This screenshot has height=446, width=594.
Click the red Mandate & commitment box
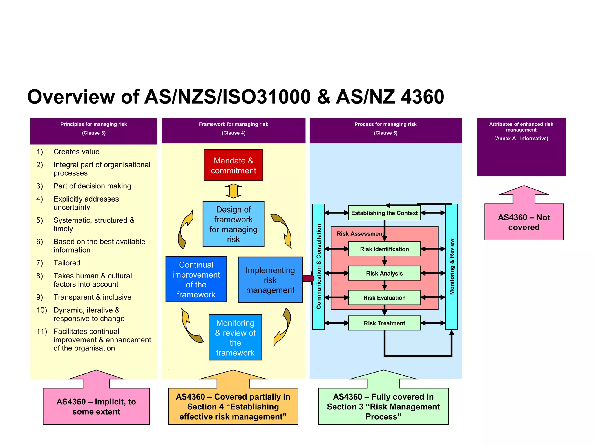[x=233, y=165]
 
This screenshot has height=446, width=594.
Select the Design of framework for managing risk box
[x=233, y=224]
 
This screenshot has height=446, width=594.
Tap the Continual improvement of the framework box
[x=196, y=279]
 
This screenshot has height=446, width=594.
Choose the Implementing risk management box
[x=270, y=280]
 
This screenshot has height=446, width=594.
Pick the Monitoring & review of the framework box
[x=235, y=337]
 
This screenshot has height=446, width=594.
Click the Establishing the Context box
[x=384, y=213]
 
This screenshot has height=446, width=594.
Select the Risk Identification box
[x=384, y=249]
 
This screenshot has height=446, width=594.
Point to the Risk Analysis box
[x=384, y=273]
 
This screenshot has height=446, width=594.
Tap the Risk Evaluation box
[x=384, y=298]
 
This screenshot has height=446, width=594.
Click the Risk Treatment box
[x=384, y=323]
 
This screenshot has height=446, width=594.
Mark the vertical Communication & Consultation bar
[x=318, y=267]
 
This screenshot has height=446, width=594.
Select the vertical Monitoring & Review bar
[x=452, y=267]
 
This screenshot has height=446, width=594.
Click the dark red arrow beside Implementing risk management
[x=308, y=278]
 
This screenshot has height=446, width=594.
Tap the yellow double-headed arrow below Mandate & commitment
[x=233, y=191]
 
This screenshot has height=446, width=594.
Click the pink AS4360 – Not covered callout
[x=524, y=222]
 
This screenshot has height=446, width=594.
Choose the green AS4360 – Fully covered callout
[x=383, y=406]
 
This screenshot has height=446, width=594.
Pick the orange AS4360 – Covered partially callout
[x=233, y=406]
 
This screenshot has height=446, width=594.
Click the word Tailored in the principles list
[x=67, y=263]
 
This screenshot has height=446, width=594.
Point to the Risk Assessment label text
[x=360, y=234]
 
